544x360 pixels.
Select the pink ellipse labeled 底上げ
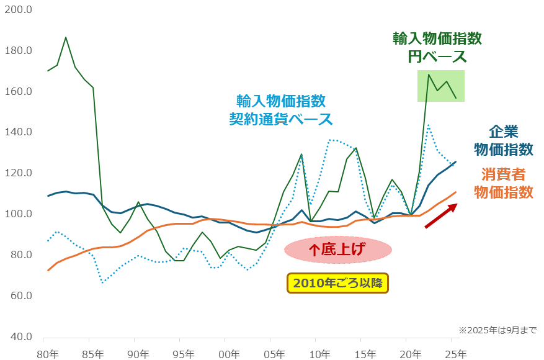[338, 250]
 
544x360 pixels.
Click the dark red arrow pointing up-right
[440, 215]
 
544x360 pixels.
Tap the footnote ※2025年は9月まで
[497, 330]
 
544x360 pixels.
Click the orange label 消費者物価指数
[503, 183]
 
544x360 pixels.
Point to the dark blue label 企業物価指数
[503, 140]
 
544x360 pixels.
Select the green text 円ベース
[437, 57]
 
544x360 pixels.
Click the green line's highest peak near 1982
[66, 37]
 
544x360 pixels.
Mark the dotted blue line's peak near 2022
[428, 125]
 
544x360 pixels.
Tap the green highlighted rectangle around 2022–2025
[440, 85]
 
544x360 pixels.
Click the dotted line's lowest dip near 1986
[102, 282]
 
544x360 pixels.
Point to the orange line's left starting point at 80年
[48, 270]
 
